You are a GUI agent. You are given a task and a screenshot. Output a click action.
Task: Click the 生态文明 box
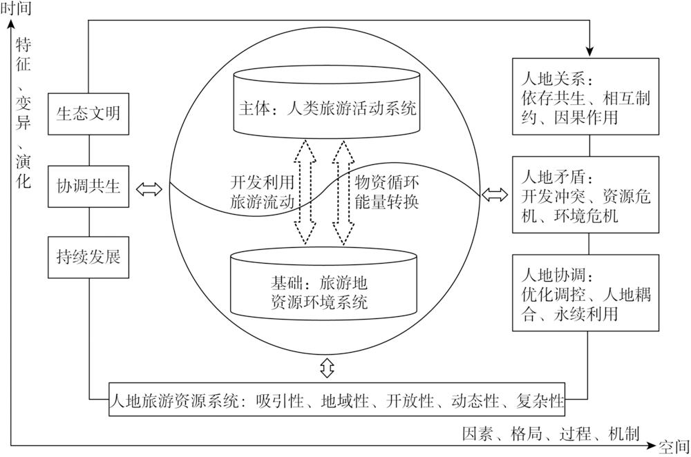pos(88,114)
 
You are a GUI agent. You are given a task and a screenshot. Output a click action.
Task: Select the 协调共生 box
pos(88,186)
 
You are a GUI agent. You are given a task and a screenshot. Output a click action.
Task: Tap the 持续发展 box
pos(88,257)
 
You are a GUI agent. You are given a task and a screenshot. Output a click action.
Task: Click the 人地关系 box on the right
pos(585,97)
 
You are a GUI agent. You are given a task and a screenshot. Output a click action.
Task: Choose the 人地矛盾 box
pos(585,194)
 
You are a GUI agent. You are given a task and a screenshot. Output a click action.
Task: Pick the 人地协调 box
pos(585,292)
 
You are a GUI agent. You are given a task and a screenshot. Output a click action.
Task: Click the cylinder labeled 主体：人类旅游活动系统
pos(327,102)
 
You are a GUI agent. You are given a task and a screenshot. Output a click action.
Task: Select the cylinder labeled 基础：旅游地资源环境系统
pos(323,284)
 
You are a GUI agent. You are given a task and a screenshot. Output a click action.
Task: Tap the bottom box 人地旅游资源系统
pos(337,400)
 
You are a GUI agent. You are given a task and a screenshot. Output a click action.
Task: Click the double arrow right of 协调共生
pos(149,190)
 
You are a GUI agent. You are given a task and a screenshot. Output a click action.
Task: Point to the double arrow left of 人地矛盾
pos(495,194)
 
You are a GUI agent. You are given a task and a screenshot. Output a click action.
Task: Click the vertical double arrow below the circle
pos(327,367)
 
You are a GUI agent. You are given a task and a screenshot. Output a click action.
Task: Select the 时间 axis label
pos(17,8)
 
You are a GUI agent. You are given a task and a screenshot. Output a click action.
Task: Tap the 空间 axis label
pos(674,447)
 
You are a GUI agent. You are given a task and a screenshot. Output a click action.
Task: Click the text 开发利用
pos(262,182)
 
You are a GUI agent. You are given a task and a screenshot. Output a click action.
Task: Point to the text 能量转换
pos(386,202)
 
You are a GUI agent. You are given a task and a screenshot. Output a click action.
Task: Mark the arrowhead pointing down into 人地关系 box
pos(589,52)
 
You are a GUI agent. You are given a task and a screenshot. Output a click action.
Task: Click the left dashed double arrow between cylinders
pos(305,191)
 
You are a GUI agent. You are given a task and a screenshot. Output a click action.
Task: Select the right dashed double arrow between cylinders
pos(343,191)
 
